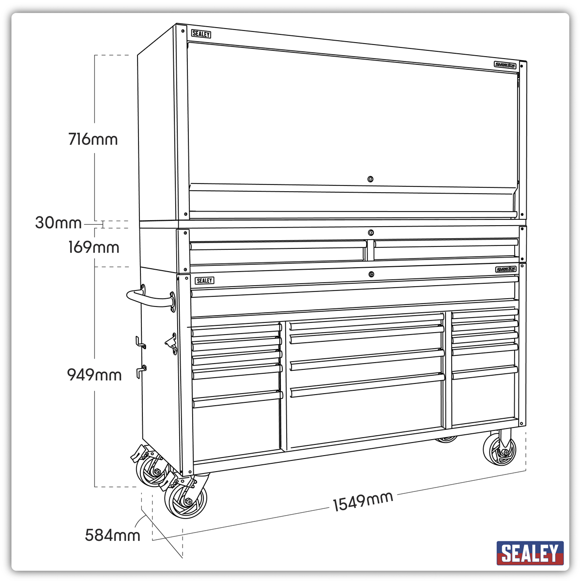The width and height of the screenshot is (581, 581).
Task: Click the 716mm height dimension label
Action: click(93, 139)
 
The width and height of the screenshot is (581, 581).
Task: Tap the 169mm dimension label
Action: click(93, 247)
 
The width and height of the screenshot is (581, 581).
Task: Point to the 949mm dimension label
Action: click(94, 375)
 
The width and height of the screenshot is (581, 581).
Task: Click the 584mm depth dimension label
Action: click(112, 535)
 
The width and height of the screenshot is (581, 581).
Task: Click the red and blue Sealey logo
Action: click(530, 553)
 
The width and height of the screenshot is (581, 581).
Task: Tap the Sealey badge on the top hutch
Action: click(201, 34)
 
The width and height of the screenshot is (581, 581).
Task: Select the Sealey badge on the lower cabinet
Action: click(204, 281)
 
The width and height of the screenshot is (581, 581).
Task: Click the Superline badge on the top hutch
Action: click(505, 65)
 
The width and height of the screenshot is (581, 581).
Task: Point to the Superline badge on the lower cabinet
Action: click(506, 269)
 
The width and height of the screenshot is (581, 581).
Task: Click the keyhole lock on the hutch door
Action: click(370, 179)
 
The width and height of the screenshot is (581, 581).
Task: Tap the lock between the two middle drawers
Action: click(370, 232)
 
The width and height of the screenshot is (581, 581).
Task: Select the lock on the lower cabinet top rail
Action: click(372, 275)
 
